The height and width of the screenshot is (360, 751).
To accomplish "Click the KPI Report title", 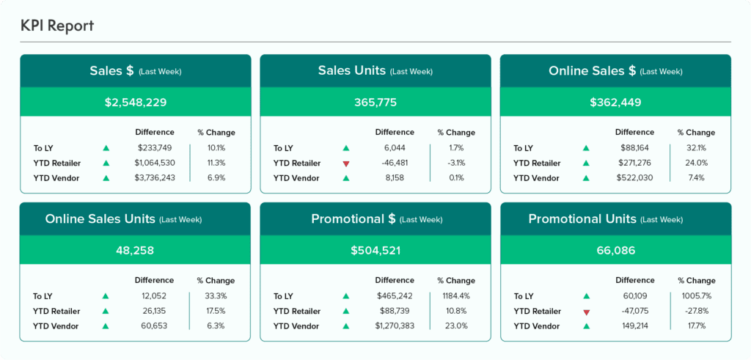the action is (57, 26).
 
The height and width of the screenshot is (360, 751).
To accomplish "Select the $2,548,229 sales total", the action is (136, 102).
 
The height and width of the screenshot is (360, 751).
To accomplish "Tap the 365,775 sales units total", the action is (375, 102).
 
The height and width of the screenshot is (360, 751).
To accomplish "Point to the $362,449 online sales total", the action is (615, 102).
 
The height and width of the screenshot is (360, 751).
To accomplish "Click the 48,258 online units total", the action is (135, 250).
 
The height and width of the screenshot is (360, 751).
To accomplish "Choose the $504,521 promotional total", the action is (375, 250).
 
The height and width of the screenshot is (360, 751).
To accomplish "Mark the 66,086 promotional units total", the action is (616, 250).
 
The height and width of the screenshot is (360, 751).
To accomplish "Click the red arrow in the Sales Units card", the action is (346, 164).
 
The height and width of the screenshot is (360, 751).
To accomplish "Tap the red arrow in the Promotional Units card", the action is (586, 312).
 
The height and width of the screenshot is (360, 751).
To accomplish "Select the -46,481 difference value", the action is (395, 163).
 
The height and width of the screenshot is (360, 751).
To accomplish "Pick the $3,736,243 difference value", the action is (155, 177).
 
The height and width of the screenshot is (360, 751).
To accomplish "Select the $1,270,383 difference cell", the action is (395, 326).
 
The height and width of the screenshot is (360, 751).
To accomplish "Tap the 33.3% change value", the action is (216, 296).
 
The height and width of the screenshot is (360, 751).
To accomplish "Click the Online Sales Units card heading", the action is (100, 219).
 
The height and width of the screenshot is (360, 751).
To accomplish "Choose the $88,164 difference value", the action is (634, 148).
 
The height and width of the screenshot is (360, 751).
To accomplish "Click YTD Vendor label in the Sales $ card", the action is (56, 178).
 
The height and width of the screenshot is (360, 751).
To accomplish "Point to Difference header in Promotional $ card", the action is (395, 280).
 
